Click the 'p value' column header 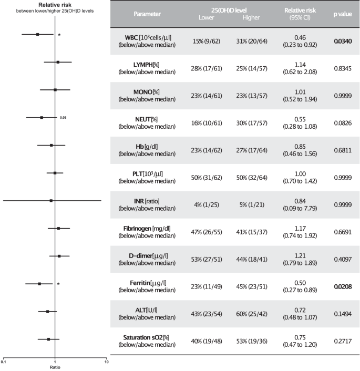click(x=342, y=14)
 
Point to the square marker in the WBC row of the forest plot click(x=38, y=35)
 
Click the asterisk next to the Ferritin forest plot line click(x=59, y=284)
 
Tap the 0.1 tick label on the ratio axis click(x=4, y=363)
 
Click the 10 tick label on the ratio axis click(x=107, y=363)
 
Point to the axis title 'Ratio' click(x=55, y=367)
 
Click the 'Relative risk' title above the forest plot click(x=55, y=4)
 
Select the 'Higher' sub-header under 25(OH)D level click(x=251, y=18)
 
